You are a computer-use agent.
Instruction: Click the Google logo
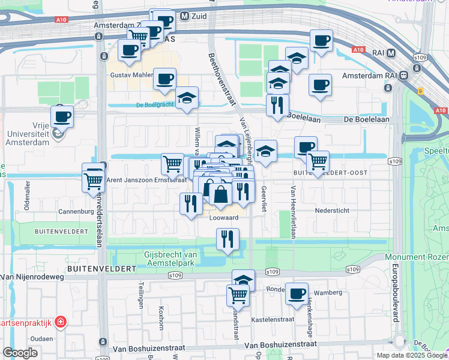pos(20,353)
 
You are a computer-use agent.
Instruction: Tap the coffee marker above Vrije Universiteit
pos(62,116)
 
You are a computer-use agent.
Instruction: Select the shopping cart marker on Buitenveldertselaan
pos(93,178)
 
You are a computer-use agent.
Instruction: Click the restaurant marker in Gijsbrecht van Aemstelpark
pos(228,239)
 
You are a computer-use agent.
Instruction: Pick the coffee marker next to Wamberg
pos(297,294)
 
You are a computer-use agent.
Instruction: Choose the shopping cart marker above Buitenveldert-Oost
pos(317,161)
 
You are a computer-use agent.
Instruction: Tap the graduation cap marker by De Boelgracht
pos(187,98)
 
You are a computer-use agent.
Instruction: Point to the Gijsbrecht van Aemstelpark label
pos(178,259)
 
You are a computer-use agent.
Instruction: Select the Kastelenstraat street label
pos(270,320)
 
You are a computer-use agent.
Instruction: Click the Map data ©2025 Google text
pos(411,355)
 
